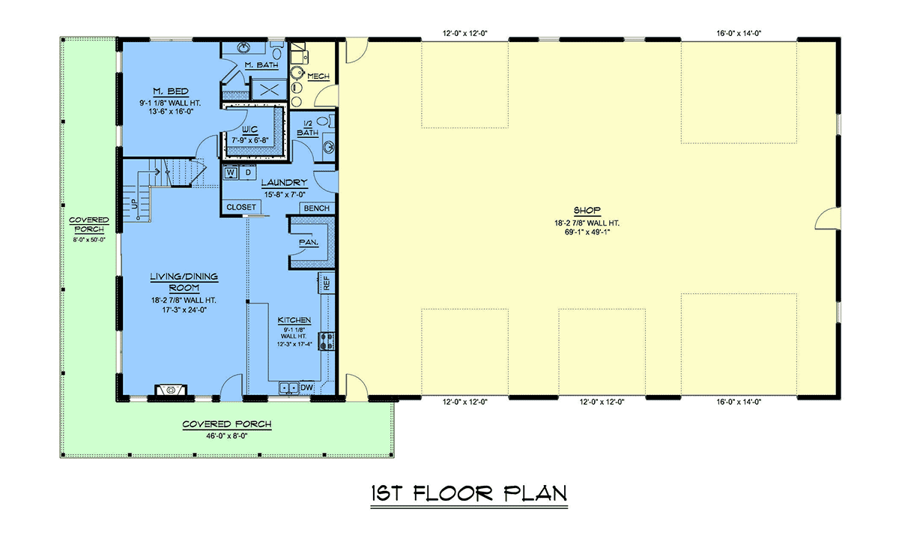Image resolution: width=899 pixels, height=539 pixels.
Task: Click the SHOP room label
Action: pyautogui.click(x=587, y=211)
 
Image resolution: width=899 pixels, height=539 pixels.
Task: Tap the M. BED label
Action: pyautogui.click(x=171, y=91)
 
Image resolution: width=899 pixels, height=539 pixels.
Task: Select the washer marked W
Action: pyautogui.click(x=231, y=173)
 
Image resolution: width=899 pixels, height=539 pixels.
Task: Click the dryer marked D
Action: pyautogui.click(x=248, y=172)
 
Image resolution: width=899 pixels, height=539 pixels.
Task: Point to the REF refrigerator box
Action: pyautogui.click(x=327, y=283)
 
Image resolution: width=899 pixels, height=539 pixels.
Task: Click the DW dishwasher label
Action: pyautogui.click(x=306, y=388)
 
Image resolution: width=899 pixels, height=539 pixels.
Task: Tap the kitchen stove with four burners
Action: pyautogui.click(x=327, y=341)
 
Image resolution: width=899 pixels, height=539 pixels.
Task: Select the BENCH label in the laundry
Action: pyautogui.click(x=317, y=208)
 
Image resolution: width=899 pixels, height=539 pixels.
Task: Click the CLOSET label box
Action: pyautogui.click(x=241, y=207)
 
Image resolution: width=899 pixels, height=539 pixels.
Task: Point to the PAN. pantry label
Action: pyautogui.click(x=309, y=243)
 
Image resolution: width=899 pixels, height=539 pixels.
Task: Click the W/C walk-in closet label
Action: pyautogui.click(x=250, y=130)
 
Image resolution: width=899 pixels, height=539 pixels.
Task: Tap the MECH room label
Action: pyautogui.click(x=318, y=76)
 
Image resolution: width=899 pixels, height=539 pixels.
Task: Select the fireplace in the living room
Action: pyautogui.click(x=171, y=390)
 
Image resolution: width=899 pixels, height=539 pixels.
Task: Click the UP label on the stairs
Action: pyautogui.click(x=135, y=204)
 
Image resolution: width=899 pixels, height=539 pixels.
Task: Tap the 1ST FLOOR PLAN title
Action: pyautogui.click(x=469, y=493)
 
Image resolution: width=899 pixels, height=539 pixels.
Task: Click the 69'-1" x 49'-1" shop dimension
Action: pyautogui.click(x=587, y=232)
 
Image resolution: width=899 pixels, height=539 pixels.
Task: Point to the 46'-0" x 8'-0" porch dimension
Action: pyautogui.click(x=227, y=436)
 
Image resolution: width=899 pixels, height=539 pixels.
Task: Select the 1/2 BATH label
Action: pyautogui.click(x=308, y=128)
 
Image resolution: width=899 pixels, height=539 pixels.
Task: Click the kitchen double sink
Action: pyautogui.click(x=289, y=388)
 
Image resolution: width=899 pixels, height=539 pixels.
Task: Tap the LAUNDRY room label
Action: pyautogui.click(x=284, y=183)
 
